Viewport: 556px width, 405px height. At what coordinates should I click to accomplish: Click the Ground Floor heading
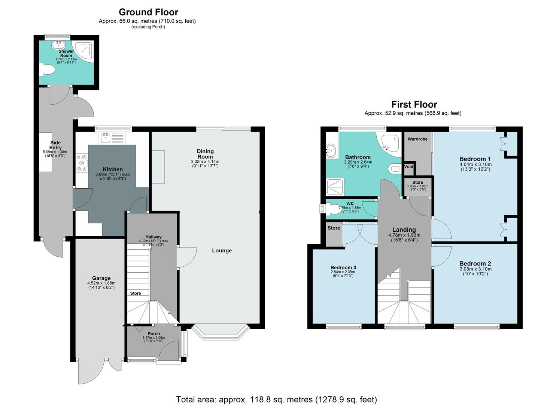(148, 12)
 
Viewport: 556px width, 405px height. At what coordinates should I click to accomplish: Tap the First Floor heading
(414, 104)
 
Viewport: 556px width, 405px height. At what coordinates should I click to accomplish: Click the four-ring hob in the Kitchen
(81, 163)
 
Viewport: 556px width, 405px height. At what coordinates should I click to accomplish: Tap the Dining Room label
(205, 154)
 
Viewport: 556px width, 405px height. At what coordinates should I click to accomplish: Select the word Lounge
(222, 250)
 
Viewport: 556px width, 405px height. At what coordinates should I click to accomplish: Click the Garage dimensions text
(101, 285)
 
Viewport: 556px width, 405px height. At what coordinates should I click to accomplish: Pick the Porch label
(154, 333)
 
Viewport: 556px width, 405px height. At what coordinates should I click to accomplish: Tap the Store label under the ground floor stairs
(136, 293)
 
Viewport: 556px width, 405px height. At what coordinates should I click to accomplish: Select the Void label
(409, 166)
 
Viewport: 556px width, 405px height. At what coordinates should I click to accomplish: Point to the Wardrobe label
(417, 139)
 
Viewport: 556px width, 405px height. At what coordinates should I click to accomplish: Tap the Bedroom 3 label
(343, 267)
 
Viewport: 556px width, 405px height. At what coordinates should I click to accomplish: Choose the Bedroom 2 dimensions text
(475, 271)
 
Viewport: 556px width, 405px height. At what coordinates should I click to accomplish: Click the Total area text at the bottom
(276, 399)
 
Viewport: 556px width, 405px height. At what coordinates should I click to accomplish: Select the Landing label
(404, 229)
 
